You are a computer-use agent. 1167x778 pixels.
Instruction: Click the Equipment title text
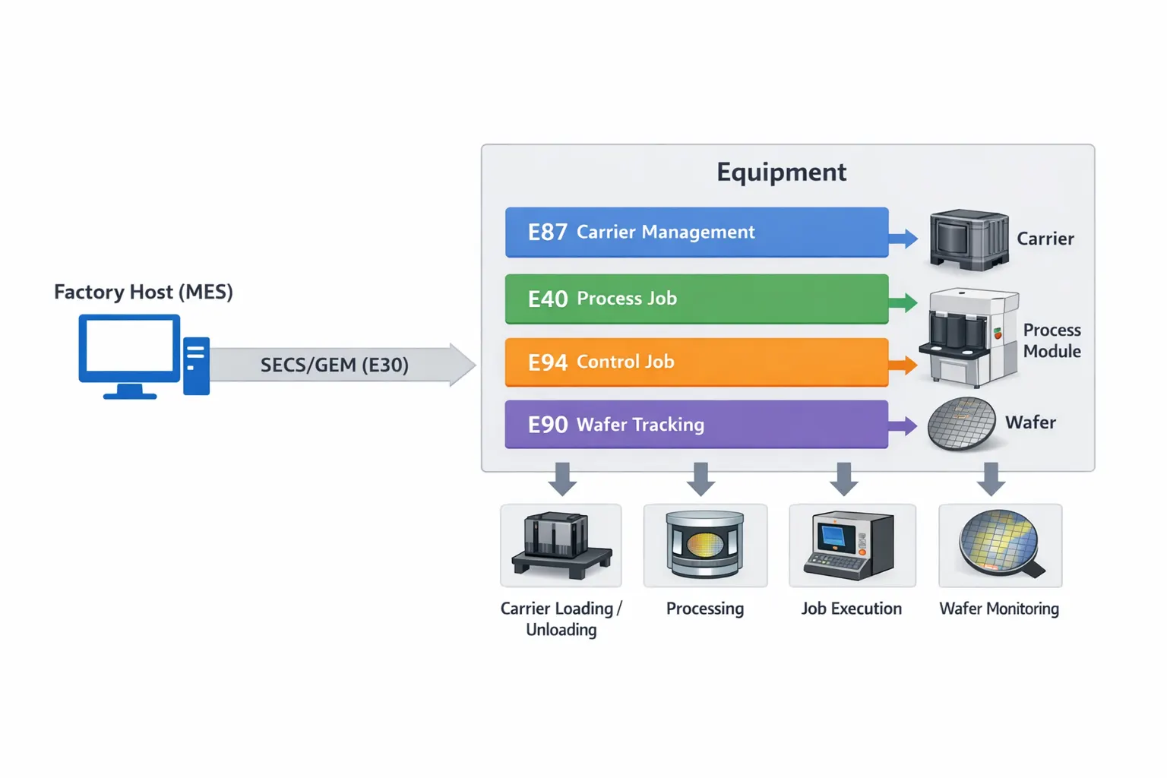point(781,172)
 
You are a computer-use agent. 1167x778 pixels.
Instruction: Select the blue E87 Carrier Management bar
point(696,232)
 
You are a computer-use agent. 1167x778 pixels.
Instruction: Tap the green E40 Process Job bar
point(696,299)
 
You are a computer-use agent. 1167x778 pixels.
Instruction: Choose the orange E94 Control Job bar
point(696,362)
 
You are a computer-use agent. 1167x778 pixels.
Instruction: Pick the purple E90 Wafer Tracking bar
point(696,425)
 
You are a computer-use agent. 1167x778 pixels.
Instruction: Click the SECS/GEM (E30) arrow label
point(334,365)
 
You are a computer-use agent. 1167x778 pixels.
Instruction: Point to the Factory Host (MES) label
point(144,292)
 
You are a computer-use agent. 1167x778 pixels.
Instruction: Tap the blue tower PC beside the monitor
point(196,365)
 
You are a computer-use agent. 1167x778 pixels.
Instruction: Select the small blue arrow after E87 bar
point(903,239)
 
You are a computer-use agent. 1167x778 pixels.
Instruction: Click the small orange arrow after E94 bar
point(903,365)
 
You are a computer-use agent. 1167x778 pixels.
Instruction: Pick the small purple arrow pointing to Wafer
point(903,426)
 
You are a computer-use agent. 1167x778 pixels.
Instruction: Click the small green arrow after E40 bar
point(903,303)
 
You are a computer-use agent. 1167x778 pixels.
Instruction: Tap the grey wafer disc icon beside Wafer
point(961,423)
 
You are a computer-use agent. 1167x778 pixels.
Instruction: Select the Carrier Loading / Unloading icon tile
point(561,546)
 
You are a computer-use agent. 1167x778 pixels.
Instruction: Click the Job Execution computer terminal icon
point(852,546)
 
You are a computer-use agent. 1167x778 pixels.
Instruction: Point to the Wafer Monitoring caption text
point(999,609)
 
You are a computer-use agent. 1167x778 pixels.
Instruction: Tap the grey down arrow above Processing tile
point(701,479)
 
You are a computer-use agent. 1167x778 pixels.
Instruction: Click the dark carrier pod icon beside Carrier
point(969,240)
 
